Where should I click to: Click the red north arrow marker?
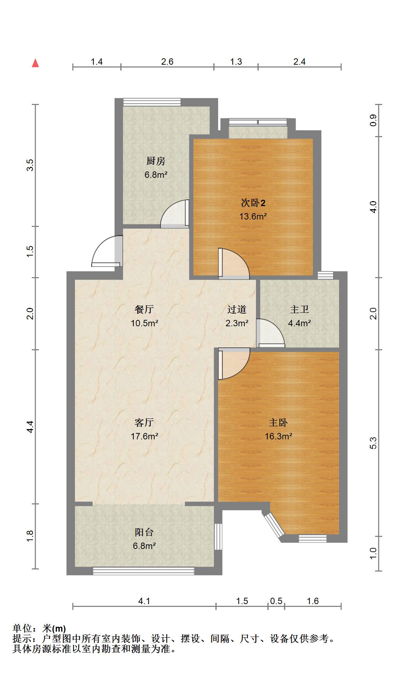pos(35,63)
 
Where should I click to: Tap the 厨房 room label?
pos(156,161)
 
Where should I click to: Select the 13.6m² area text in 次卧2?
pos(253,216)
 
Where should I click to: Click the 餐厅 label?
pos(144,310)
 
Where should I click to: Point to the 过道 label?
pos(237,310)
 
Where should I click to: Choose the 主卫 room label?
pos(299,310)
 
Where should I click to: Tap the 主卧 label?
pos(278,423)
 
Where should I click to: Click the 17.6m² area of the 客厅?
pos(144,436)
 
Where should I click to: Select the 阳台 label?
pos(144,532)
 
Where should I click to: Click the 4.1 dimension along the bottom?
pos(144,601)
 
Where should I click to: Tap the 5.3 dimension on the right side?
pos(373,443)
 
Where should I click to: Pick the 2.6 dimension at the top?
pos(167,62)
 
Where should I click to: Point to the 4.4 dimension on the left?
pos(30,427)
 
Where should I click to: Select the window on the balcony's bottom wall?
pos(144,571)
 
